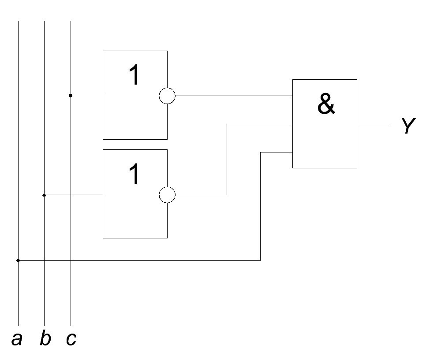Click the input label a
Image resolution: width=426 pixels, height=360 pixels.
pyautogui.click(x=17, y=339)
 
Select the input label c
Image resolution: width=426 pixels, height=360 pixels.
pyautogui.click(x=71, y=339)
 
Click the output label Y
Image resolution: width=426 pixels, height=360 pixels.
pyautogui.click(x=408, y=126)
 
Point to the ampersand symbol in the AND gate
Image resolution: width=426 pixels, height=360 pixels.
pyautogui.click(x=326, y=104)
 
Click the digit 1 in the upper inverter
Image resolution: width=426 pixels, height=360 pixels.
pyautogui.click(x=135, y=74)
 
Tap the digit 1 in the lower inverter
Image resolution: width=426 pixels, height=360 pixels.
pyautogui.click(x=135, y=174)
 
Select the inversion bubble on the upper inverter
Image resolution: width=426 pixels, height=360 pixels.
pyautogui.click(x=167, y=96)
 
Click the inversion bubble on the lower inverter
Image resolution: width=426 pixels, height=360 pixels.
pyautogui.click(x=167, y=195)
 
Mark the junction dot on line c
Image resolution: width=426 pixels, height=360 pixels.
pyautogui.click(x=71, y=96)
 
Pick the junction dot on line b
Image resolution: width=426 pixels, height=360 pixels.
pyautogui.click(x=44, y=195)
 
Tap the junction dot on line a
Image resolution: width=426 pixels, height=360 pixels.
pyautogui.click(x=18, y=260)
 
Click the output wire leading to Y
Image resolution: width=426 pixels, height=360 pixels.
pyautogui.click(x=373, y=124)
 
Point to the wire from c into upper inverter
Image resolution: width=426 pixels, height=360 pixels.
pyautogui.click(x=87, y=95)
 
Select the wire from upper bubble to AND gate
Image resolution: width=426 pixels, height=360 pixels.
pyautogui.click(x=234, y=96)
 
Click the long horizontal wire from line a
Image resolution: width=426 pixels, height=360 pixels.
pyautogui.click(x=139, y=260)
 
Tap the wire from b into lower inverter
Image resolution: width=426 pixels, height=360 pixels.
pyautogui.click(x=73, y=194)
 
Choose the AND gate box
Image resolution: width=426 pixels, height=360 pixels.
pyautogui.click(x=325, y=80)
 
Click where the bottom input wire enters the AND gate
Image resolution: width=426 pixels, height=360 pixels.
pyautogui.click(x=293, y=152)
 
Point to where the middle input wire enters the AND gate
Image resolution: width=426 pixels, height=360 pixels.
pyautogui.click(x=293, y=124)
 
